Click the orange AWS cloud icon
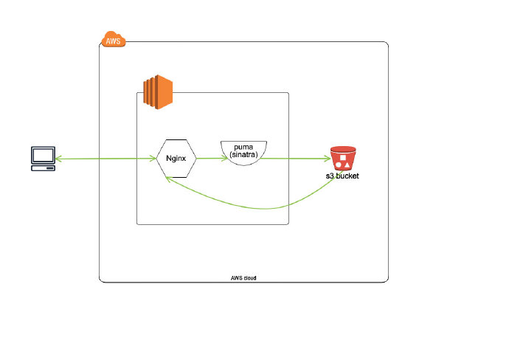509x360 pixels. click(x=113, y=40)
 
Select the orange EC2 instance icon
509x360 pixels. click(x=157, y=91)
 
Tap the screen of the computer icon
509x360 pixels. click(x=42, y=155)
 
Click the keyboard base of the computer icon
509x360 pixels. click(x=42, y=167)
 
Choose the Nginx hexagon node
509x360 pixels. click(x=176, y=158)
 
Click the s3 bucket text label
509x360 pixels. click(x=343, y=177)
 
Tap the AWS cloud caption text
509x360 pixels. click(x=243, y=278)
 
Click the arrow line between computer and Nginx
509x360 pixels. click(x=103, y=158)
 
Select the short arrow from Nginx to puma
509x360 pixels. click(x=207, y=158)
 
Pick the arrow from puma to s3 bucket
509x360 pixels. click(x=295, y=158)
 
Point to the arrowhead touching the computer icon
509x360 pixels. click(x=58, y=158)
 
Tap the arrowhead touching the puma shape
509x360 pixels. click(x=218, y=158)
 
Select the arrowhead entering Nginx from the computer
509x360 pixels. click(x=153, y=158)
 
